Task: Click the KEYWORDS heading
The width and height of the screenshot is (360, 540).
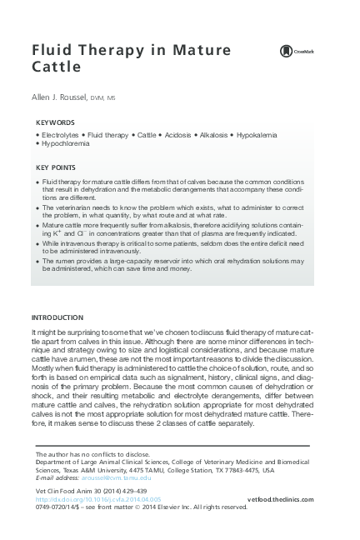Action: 55,122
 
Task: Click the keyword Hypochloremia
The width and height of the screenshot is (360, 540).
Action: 65,143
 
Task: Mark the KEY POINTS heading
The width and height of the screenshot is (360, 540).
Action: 57,166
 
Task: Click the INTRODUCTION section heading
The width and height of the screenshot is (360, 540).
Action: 57,293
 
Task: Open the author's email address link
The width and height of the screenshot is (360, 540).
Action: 116,477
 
